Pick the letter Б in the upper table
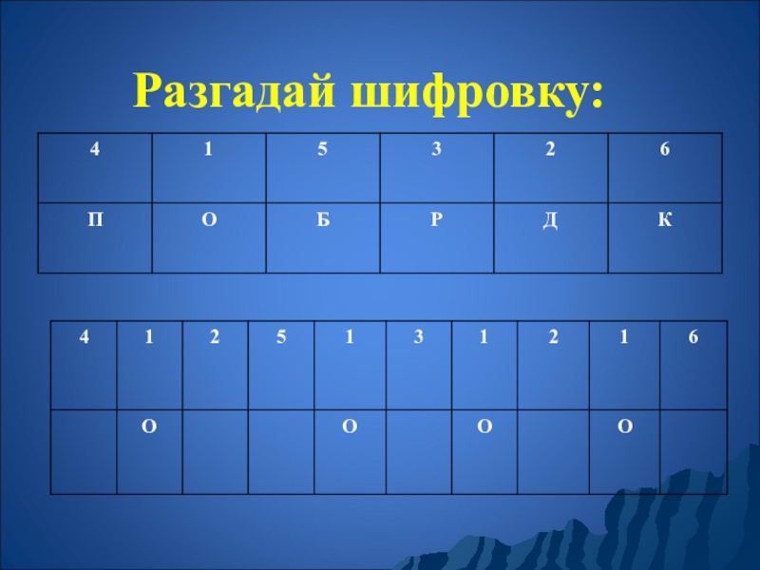[322, 220]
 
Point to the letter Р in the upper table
[435, 220]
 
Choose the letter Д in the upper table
[550, 220]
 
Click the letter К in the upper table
[664, 220]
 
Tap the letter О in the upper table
[208, 220]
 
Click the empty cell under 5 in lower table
[281, 450]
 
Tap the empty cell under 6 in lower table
[693, 450]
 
